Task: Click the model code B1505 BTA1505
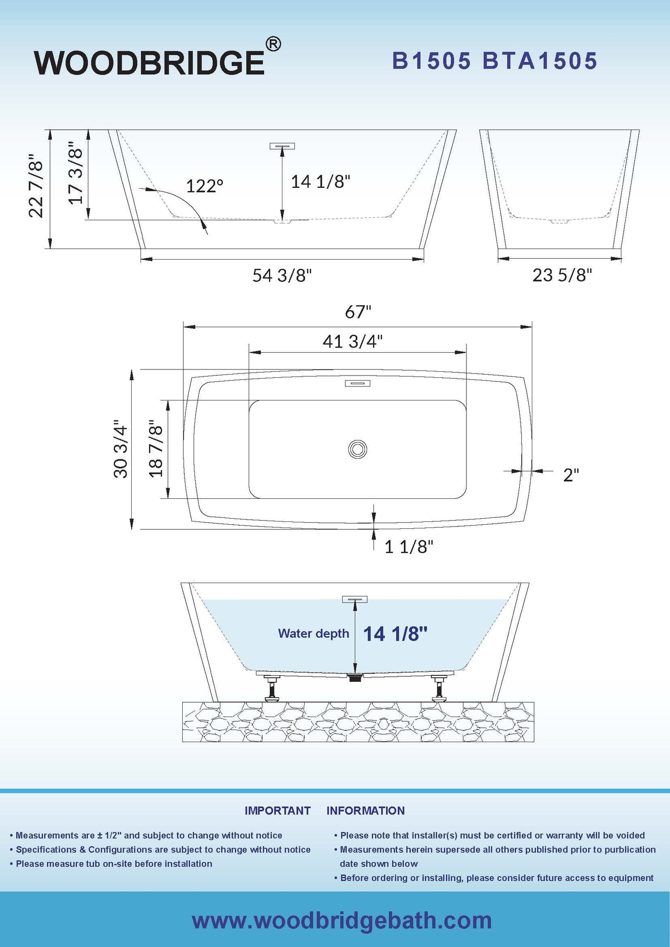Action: click(495, 61)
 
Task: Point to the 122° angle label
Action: click(204, 186)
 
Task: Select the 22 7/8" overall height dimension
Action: click(36, 186)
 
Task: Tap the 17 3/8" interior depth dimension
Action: click(76, 172)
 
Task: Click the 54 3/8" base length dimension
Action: click(282, 276)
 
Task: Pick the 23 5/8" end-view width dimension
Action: click(562, 275)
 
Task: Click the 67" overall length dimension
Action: click(358, 312)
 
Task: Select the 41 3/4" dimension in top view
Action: click(352, 342)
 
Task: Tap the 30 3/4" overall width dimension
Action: click(121, 449)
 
